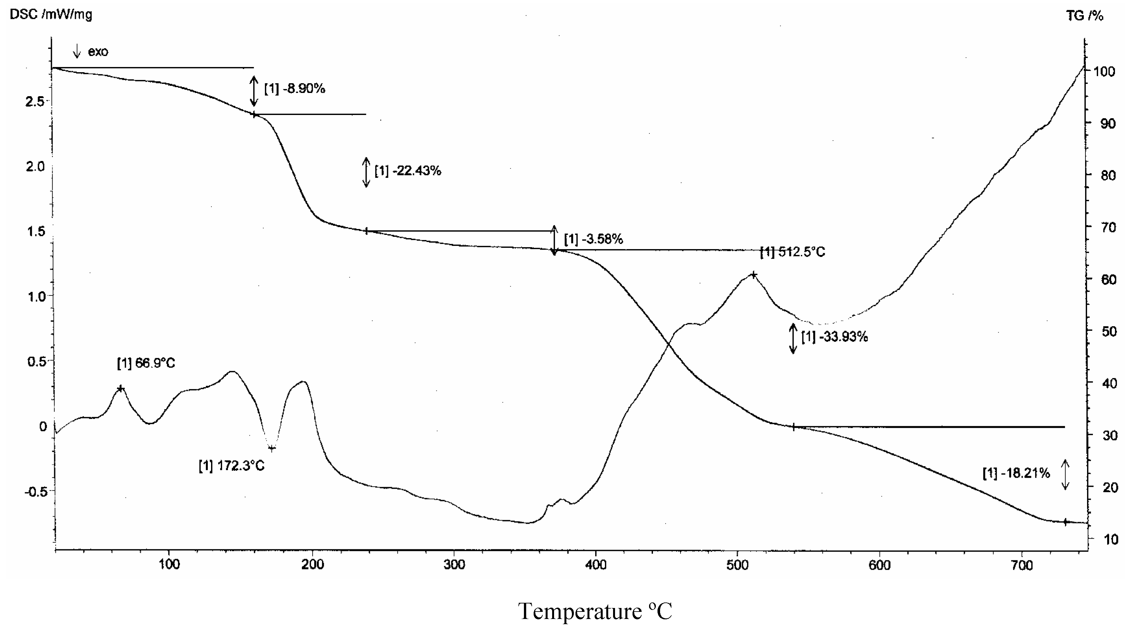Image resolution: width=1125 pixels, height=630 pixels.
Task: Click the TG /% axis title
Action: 1085,16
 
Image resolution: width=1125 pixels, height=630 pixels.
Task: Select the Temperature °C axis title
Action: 595,611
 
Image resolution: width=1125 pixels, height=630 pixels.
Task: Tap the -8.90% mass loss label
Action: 295,89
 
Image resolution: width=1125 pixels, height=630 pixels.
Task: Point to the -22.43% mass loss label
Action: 408,171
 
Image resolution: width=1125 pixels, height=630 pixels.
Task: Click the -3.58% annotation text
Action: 594,239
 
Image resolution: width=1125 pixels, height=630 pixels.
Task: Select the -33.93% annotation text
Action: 834,337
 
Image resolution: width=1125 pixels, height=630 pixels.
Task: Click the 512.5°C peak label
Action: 793,252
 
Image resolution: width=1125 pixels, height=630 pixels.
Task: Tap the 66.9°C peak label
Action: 146,363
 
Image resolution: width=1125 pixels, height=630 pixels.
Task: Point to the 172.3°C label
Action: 231,466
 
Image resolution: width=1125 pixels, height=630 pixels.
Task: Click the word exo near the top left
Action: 98,52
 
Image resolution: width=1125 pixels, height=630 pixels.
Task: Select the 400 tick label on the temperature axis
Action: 596,565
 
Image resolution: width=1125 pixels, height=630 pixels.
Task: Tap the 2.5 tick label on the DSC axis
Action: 35,102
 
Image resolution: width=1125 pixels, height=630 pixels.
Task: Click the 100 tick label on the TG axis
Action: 1104,71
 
